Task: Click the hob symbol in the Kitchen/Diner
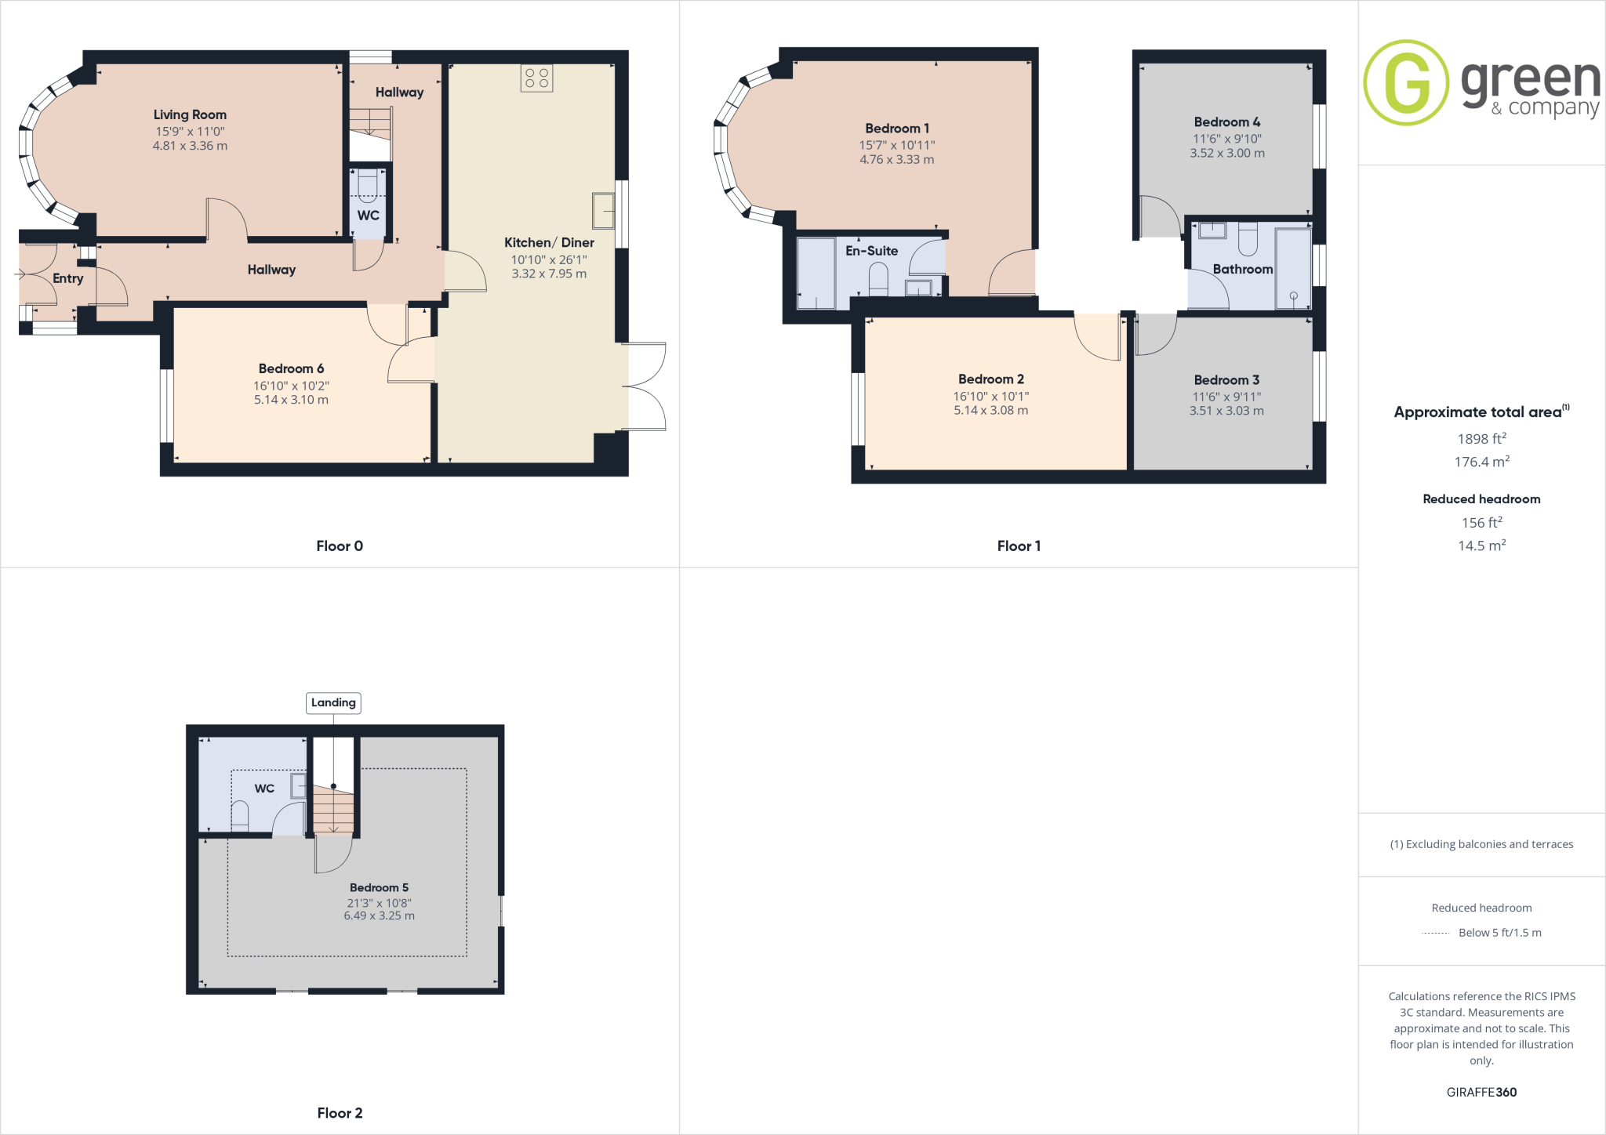tap(536, 78)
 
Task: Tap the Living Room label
tap(190, 114)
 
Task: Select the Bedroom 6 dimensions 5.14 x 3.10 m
tap(291, 400)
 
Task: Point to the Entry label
tap(67, 278)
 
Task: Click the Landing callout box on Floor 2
tap(333, 702)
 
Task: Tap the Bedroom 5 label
tap(379, 887)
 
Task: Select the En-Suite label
tap(871, 251)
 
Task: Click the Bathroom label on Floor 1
tap(1242, 269)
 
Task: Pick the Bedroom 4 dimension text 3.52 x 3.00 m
tap(1226, 153)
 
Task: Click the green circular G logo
tap(1405, 82)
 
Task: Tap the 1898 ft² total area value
tap(1481, 439)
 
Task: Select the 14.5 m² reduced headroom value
tap(1481, 546)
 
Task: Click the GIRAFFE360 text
tap(1481, 1092)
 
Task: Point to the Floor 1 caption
tap(1019, 546)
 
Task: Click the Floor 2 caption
tap(340, 1113)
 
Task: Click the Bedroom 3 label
tap(1226, 380)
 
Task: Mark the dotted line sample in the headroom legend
tap(1436, 933)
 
